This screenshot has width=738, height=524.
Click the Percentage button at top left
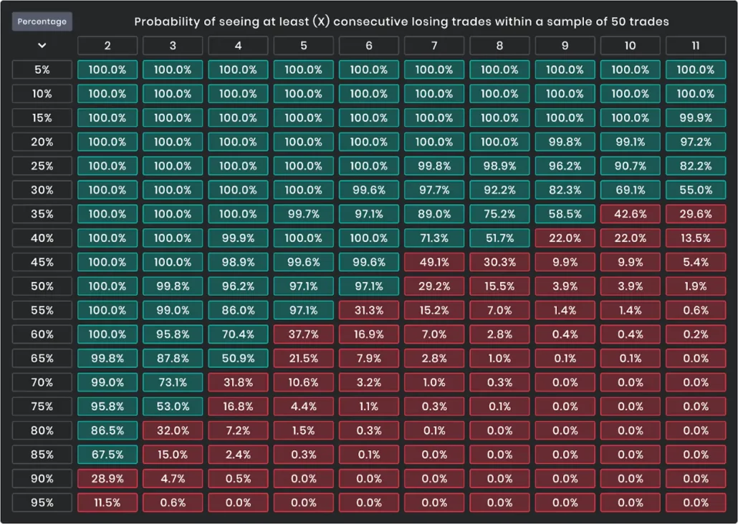click(42, 21)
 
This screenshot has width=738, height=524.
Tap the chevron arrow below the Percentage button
click(42, 46)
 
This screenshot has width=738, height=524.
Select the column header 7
click(434, 46)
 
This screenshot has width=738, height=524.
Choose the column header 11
click(696, 46)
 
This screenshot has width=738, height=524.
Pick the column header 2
click(107, 46)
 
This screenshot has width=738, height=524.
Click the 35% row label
click(42, 214)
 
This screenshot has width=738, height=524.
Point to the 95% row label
click(42, 503)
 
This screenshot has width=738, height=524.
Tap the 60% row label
click(42, 334)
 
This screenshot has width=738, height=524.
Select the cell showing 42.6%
click(631, 214)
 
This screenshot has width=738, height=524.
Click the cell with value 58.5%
click(565, 214)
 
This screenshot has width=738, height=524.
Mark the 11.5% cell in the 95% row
click(107, 503)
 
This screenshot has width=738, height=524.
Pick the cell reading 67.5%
click(107, 455)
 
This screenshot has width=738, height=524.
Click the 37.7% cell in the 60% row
click(304, 334)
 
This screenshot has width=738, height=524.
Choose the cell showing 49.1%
click(434, 262)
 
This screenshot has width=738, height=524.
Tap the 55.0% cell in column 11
click(696, 190)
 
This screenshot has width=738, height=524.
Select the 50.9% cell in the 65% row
click(238, 359)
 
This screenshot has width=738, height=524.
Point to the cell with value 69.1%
click(631, 190)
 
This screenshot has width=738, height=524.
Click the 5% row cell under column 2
click(107, 70)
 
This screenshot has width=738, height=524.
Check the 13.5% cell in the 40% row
click(696, 238)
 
